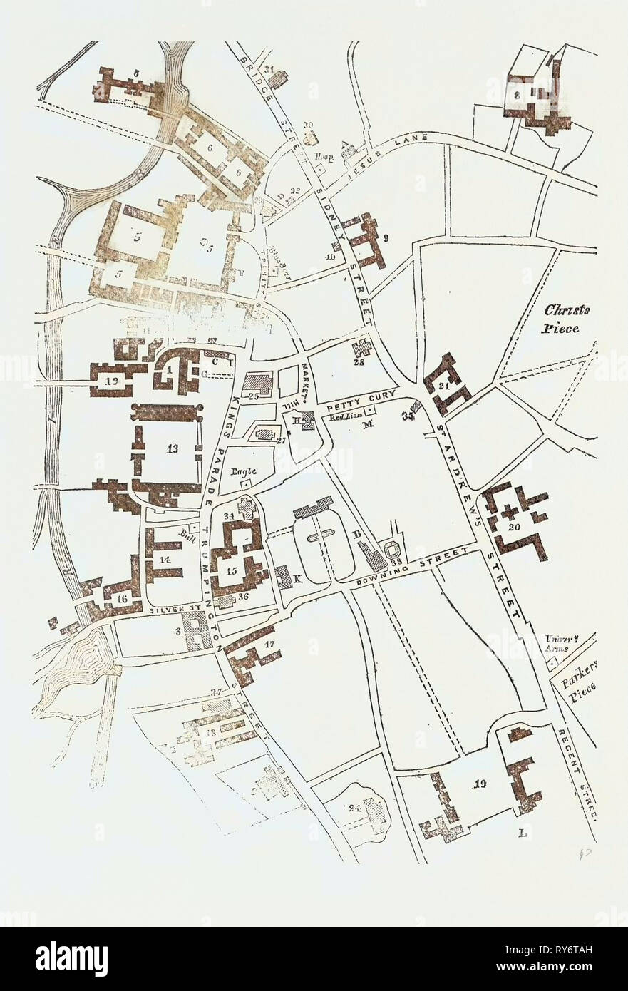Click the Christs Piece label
[x=565, y=319]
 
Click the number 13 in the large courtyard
[x=172, y=448]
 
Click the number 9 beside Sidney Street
[x=385, y=240]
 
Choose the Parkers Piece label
[x=577, y=684]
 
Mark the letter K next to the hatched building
[x=297, y=579]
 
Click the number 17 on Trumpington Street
[x=269, y=645]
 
